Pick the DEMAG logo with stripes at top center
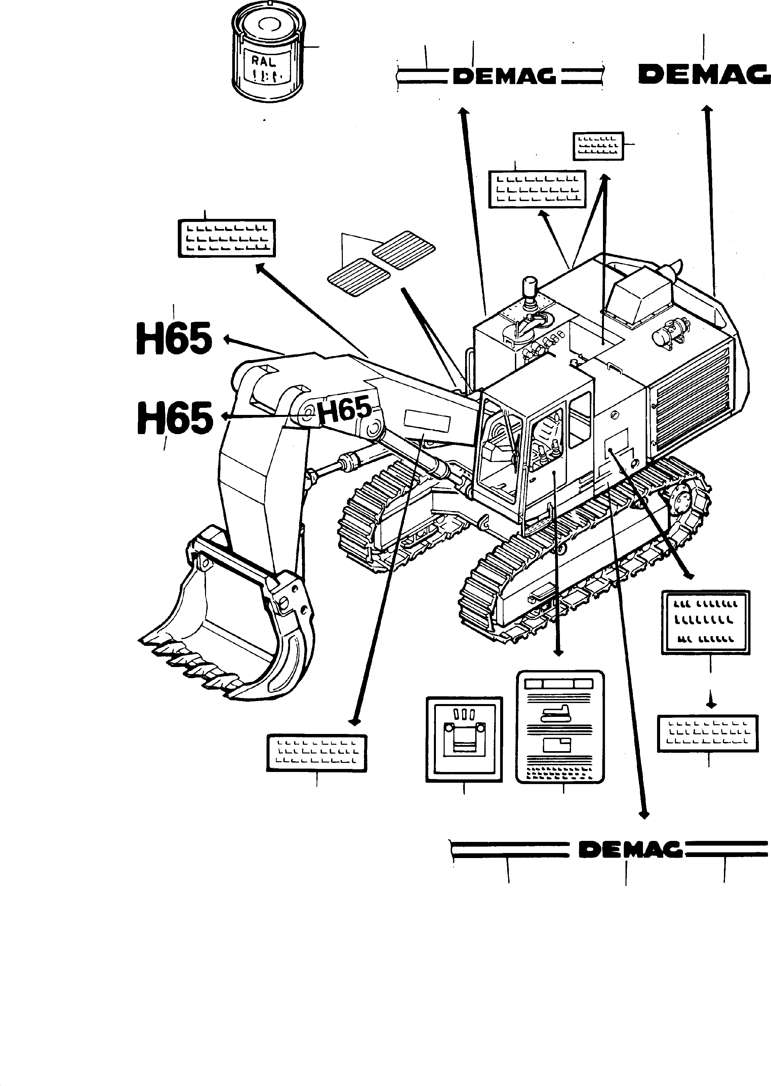(503, 76)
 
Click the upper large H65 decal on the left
(174, 339)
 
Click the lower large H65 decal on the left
(175, 418)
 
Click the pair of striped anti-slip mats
(382, 263)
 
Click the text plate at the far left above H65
(227, 238)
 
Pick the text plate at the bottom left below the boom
(317, 753)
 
